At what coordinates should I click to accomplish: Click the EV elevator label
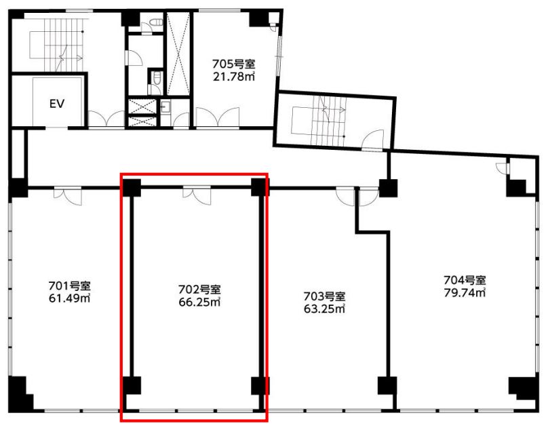tap(57, 104)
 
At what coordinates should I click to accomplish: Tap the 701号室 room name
tap(69, 286)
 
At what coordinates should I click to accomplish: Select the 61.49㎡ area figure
tap(69, 298)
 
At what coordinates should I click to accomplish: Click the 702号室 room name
tap(199, 290)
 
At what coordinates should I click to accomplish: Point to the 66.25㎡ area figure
tap(199, 302)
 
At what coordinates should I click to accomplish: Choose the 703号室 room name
tap(324, 297)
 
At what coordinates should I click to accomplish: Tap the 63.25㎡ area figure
tap(324, 309)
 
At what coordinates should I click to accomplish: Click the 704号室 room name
tap(465, 280)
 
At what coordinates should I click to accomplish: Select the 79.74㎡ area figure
tap(465, 292)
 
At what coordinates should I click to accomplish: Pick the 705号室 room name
tap(234, 64)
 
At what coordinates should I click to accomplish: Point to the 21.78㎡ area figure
tap(234, 77)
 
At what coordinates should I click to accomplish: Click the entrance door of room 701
tap(68, 196)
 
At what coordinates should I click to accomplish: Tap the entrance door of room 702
tap(197, 196)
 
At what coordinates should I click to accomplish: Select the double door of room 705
tap(218, 117)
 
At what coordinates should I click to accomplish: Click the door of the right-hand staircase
tap(373, 140)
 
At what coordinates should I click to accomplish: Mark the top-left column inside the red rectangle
tap(131, 188)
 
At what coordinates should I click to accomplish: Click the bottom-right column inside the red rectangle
tap(260, 385)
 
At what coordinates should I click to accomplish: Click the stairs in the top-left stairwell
tap(63, 45)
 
